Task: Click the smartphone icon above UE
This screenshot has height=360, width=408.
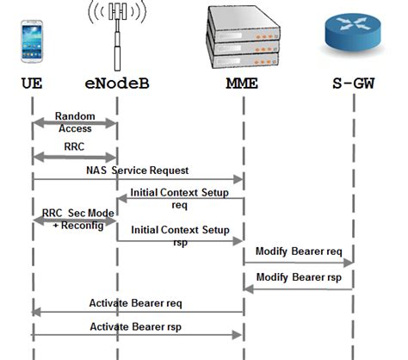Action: (x=33, y=45)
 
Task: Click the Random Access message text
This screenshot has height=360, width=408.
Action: (x=74, y=121)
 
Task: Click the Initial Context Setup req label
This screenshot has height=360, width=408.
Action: (x=180, y=199)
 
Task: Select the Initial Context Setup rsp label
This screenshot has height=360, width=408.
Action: (x=180, y=236)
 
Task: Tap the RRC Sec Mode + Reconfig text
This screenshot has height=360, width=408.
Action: (x=73, y=218)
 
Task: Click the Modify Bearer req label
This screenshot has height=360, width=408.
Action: (x=299, y=251)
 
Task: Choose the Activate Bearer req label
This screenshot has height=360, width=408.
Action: (x=136, y=303)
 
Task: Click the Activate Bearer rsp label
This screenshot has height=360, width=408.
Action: (x=136, y=328)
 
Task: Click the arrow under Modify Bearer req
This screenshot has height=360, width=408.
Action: (x=299, y=263)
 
